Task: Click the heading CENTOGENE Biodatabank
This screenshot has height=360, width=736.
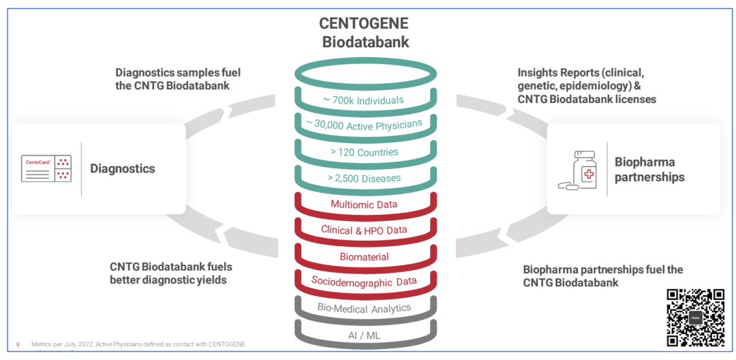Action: (365, 32)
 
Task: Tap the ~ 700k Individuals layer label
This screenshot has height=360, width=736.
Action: (363, 100)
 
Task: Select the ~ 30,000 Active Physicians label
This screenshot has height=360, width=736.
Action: (363, 125)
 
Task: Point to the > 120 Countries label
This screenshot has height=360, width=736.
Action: (364, 151)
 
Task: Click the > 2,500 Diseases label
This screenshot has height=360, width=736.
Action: (365, 178)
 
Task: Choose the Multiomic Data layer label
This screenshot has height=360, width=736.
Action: (364, 204)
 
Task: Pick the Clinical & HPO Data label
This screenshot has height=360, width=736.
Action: (364, 230)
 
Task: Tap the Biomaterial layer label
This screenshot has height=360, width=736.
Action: (364, 256)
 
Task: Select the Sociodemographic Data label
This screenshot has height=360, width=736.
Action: (364, 281)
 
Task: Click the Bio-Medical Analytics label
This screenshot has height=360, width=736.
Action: (364, 307)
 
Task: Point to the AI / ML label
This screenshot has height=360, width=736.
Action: (364, 335)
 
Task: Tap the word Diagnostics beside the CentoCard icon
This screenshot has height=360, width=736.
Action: (123, 169)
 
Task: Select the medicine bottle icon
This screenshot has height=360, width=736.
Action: (580, 170)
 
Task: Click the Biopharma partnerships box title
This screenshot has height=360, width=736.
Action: (649, 170)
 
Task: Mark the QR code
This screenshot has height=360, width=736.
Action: (694, 318)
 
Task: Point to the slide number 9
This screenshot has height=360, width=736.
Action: (18, 344)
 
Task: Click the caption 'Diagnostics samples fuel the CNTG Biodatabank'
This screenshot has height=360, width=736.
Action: (178, 79)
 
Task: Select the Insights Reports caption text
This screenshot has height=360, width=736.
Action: (586, 86)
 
